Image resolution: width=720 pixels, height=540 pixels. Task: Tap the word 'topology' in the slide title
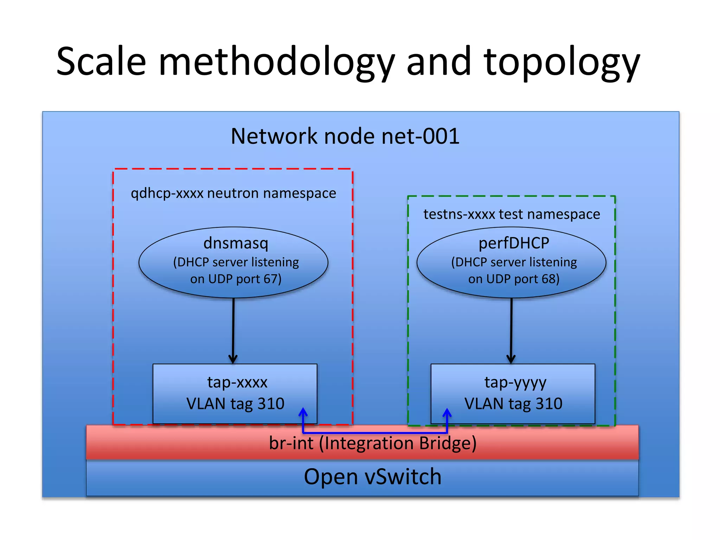tap(561, 63)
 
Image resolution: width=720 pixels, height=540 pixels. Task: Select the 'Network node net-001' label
tap(345, 136)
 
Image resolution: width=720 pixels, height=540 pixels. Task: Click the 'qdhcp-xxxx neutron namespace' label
tap(233, 193)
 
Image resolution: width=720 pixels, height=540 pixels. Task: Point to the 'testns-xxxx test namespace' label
tap(512, 214)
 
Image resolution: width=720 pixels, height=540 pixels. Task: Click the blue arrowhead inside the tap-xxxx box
tap(303, 412)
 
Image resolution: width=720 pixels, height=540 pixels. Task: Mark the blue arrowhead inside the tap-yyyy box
tap(447, 413)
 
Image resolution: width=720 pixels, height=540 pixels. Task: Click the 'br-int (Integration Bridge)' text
tap(373, 443)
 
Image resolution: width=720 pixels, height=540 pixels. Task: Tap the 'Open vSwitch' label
tap(373, 477)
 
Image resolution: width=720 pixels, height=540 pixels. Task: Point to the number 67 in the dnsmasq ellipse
tap(270, 279)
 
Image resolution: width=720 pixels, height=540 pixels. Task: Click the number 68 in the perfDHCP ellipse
tap(548, 279)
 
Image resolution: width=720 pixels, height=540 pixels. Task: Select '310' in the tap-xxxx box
tap(271, 404)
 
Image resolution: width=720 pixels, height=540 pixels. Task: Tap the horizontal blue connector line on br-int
tap(375, 433)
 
